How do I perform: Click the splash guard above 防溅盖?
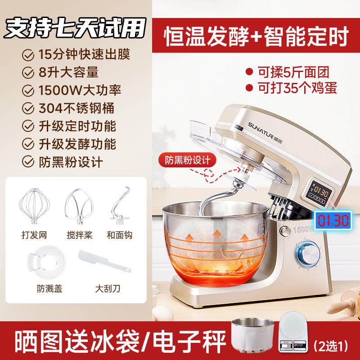pos(43,261)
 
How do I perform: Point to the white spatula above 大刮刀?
pos(105,263)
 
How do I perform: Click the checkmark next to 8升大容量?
pos(29,72)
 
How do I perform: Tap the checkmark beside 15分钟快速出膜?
pos(29,55)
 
